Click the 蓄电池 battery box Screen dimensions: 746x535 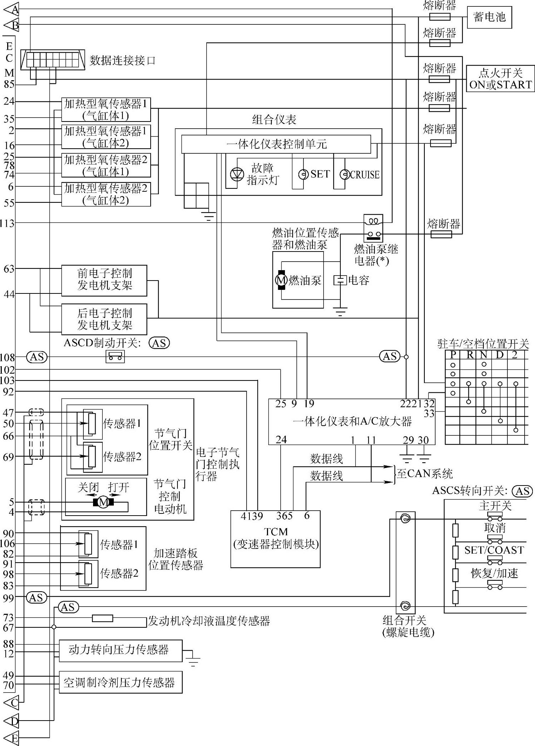coord(489,17)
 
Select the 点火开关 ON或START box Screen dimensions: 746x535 coord(500,79)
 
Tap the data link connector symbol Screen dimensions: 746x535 coord(53,59)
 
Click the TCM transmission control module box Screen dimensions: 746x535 coord(275,539)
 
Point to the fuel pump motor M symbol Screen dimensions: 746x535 coord(281,280)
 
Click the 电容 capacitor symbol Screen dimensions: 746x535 coord(340,280)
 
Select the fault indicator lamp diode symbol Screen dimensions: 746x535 coord(237,174)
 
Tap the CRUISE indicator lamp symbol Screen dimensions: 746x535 coord(344,174)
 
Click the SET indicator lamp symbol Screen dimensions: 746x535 coord(303,174)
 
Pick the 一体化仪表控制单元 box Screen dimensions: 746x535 coord(276,144)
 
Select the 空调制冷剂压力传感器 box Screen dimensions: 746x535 coord(120,682)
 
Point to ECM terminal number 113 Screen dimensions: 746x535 coord(7,223)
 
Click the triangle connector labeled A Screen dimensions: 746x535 coord(11,9)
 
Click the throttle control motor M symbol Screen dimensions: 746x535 coord(103,502)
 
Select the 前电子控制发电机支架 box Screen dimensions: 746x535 coord(104,280)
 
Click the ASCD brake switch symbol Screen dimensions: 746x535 coord(115,357)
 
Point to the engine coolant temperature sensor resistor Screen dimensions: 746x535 coord(102,618)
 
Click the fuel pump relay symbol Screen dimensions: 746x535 coord(373,228)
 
